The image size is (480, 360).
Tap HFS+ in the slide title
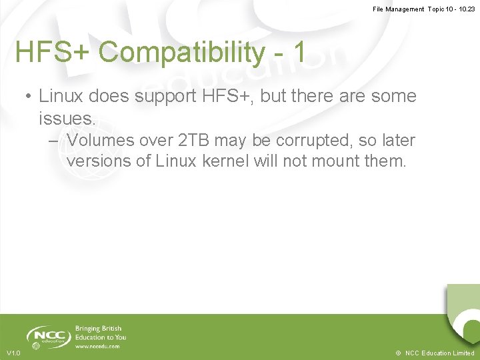click(x=53, y=53)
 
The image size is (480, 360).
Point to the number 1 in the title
click(x=299, y=53)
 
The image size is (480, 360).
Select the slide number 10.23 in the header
click(x=465, y=9)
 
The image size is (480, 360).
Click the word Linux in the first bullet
click(x=63, y=96)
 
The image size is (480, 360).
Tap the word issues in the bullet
click(x=67, y=119)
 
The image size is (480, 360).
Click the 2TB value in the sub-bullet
click(x=193, y=141)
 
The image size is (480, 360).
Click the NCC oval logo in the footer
click(x=48, y=335)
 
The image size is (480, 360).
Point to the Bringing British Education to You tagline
click(x=100, y=333)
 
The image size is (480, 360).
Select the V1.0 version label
click(x=13, y=353)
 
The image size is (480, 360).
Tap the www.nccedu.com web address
click(x=97, y=346)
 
